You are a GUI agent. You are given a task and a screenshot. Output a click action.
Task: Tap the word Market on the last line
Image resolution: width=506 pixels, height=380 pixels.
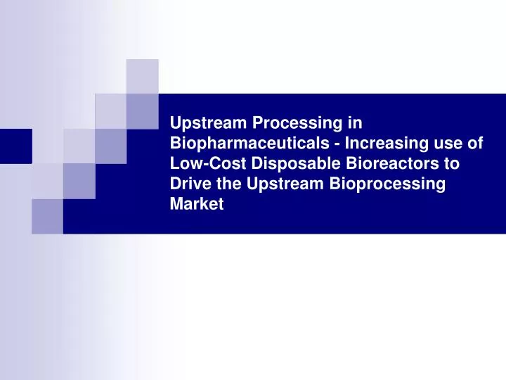(197, 205)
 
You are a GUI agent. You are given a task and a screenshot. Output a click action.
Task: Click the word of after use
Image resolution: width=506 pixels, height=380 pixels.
(475, 144)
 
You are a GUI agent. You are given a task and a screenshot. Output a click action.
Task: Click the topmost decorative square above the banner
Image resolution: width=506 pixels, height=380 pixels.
(143, 76)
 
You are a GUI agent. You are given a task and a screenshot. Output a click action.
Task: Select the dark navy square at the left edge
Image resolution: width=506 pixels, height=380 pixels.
(15, 146)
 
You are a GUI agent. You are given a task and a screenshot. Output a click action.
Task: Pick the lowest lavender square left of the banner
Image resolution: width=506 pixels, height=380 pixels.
(47, 216)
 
